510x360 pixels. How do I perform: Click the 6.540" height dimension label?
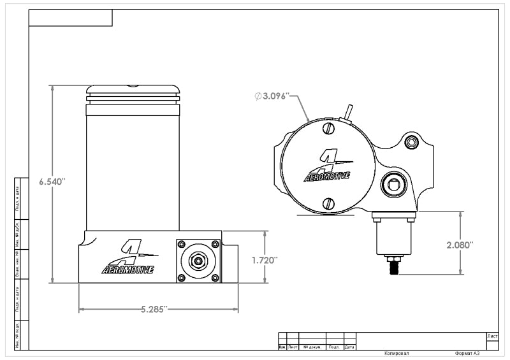click(x=52, y=182)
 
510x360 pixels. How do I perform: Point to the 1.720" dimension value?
click(x=265, y=260)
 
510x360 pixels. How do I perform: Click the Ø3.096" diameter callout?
click(x=272, y=96)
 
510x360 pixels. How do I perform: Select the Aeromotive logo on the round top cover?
click(x=326, y=167)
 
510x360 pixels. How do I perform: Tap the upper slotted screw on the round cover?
click(x=329, y=129)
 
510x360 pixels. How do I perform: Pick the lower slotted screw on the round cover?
click(x=329, y=204)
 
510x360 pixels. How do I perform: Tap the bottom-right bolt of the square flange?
click(x=216, y=277)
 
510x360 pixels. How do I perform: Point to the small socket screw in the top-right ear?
click(x=411, y=143)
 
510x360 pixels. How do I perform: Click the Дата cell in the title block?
click(x=349, y=347)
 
